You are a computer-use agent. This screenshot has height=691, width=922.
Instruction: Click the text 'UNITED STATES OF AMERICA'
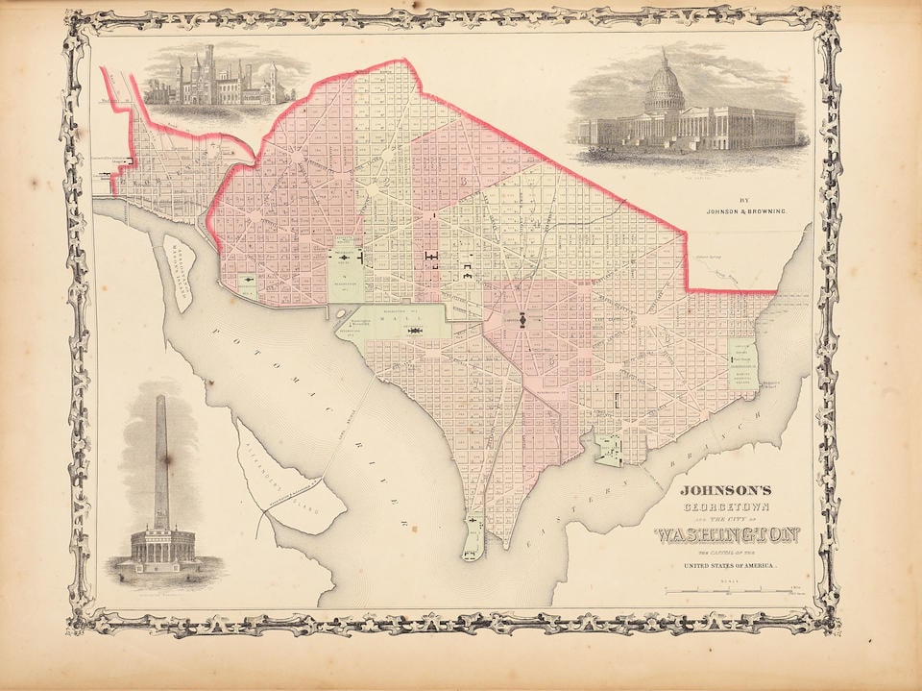pyautogui.click(x=730, y=566)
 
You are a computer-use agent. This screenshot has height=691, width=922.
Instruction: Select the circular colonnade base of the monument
pyautogui.click(x=161, y=546)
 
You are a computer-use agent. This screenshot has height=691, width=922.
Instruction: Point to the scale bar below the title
pyautogui.click(x=730, y=588)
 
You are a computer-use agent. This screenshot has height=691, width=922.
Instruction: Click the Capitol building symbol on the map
pyautogui.click(x=522, y=319)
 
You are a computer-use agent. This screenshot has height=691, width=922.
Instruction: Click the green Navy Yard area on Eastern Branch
pyautogui.click(x=608, y=449)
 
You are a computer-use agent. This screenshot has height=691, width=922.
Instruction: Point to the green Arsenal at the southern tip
pyautogui.click(x=472, y=538)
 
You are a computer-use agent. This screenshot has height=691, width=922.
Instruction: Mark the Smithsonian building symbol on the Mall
pyautogui.click(x=415, y=330)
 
